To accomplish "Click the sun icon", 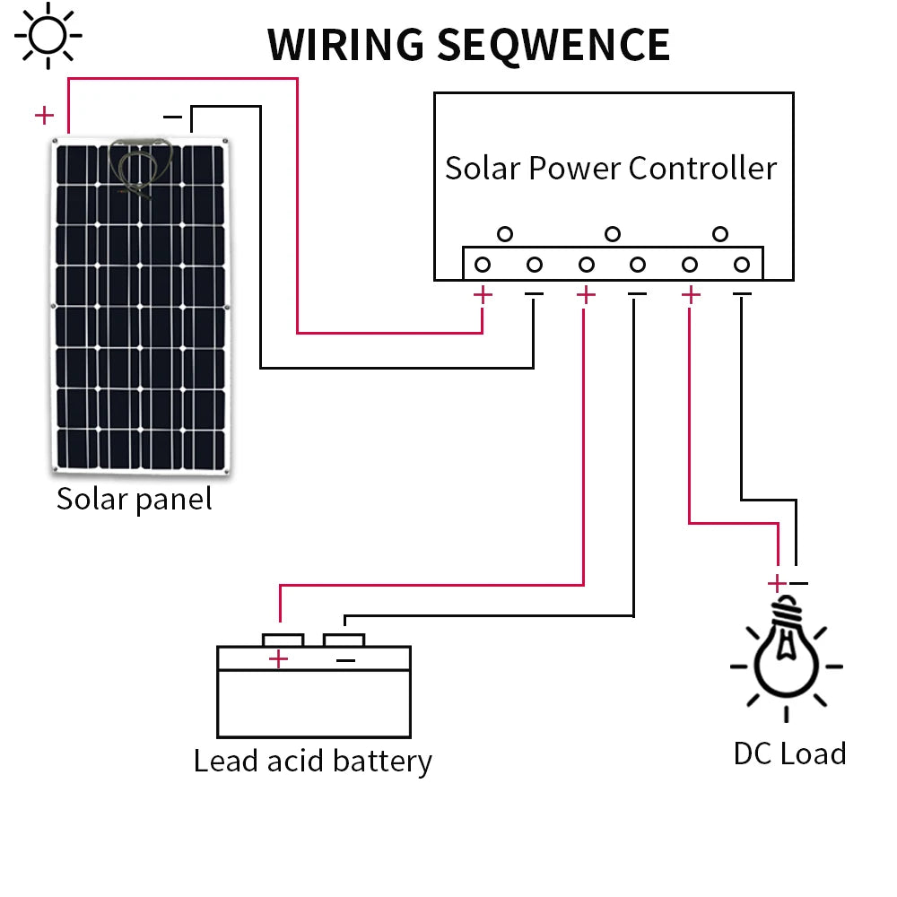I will [48, 35].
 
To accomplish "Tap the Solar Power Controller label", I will [611, 168].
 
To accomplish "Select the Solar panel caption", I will [135, 499].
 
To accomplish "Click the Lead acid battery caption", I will [313, 761].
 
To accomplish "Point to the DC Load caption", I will [789, 753].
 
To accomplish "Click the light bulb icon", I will [787, 650].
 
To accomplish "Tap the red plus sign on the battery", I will [279, 659].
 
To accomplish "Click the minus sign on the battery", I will [345, 660].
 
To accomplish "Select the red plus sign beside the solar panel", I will [43, 115].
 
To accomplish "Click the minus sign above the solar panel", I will [173, 116].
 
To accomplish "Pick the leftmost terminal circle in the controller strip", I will [483, 265].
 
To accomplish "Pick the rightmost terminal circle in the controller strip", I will [742, 265].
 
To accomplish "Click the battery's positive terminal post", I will [283, 639].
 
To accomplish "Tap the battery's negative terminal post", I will [344, 639].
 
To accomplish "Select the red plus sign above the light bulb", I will [777, 583].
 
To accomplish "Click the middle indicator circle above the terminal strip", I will [613, 234].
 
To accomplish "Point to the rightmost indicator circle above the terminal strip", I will [719, 234].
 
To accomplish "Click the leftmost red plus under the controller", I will [483, 293].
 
